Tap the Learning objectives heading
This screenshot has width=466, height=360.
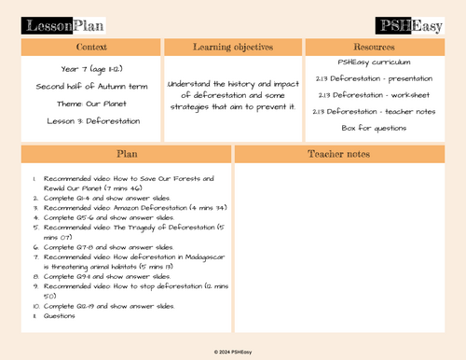pyautogui.click(x=232, y=47)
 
